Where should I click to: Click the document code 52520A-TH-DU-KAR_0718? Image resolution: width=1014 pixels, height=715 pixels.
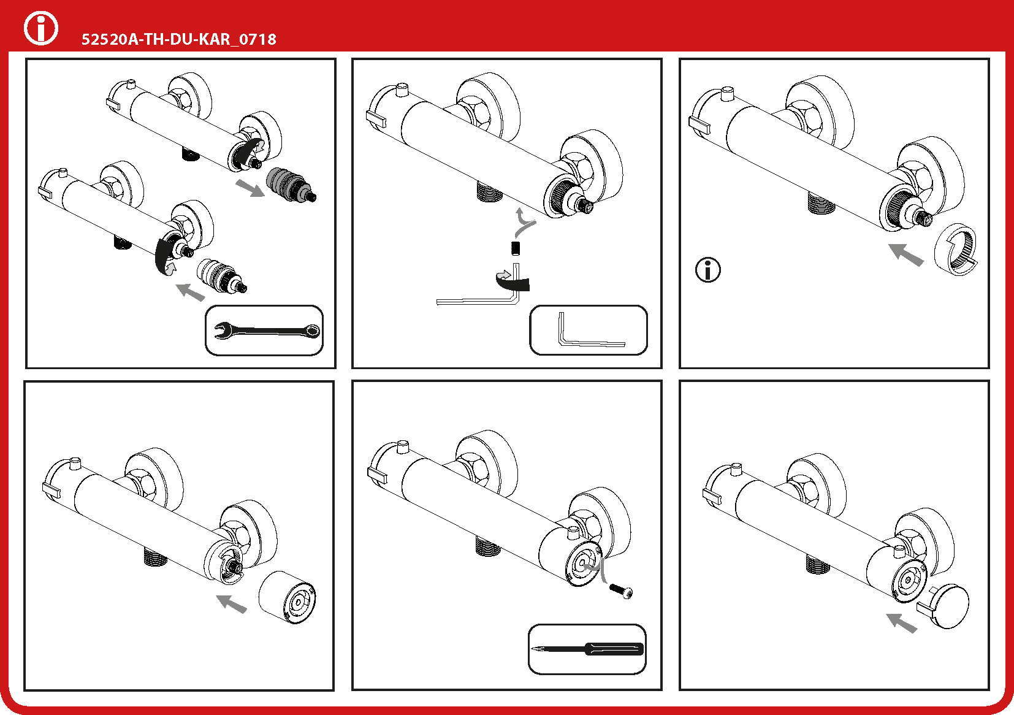[x=178, y=39]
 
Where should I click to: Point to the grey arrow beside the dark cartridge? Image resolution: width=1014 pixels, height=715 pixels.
[x=250, y=188]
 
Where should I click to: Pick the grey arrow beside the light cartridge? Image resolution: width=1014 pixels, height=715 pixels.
[x=191, y=292]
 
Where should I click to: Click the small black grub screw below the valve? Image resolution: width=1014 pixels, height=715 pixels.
[x=516, y=248]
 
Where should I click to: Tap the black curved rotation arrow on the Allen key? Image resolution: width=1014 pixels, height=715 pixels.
[x=513, y=282]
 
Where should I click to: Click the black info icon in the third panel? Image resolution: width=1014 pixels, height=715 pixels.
[x=707, y=270]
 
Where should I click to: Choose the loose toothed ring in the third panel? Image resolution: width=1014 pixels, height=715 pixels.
[x=956, y=250]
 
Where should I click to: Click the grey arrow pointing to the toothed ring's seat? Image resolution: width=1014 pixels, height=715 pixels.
[x=906, y=254]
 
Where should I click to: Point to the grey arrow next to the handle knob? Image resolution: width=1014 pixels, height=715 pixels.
[x=232, y=603]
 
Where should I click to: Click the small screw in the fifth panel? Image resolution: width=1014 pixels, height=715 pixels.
[x=621, y=591]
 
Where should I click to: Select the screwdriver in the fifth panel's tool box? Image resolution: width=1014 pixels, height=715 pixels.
[x=587, y=649]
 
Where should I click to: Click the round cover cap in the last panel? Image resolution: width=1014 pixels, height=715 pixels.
[x=946, y=606]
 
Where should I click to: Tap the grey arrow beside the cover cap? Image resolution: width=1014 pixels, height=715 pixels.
[x=902, y=623]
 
